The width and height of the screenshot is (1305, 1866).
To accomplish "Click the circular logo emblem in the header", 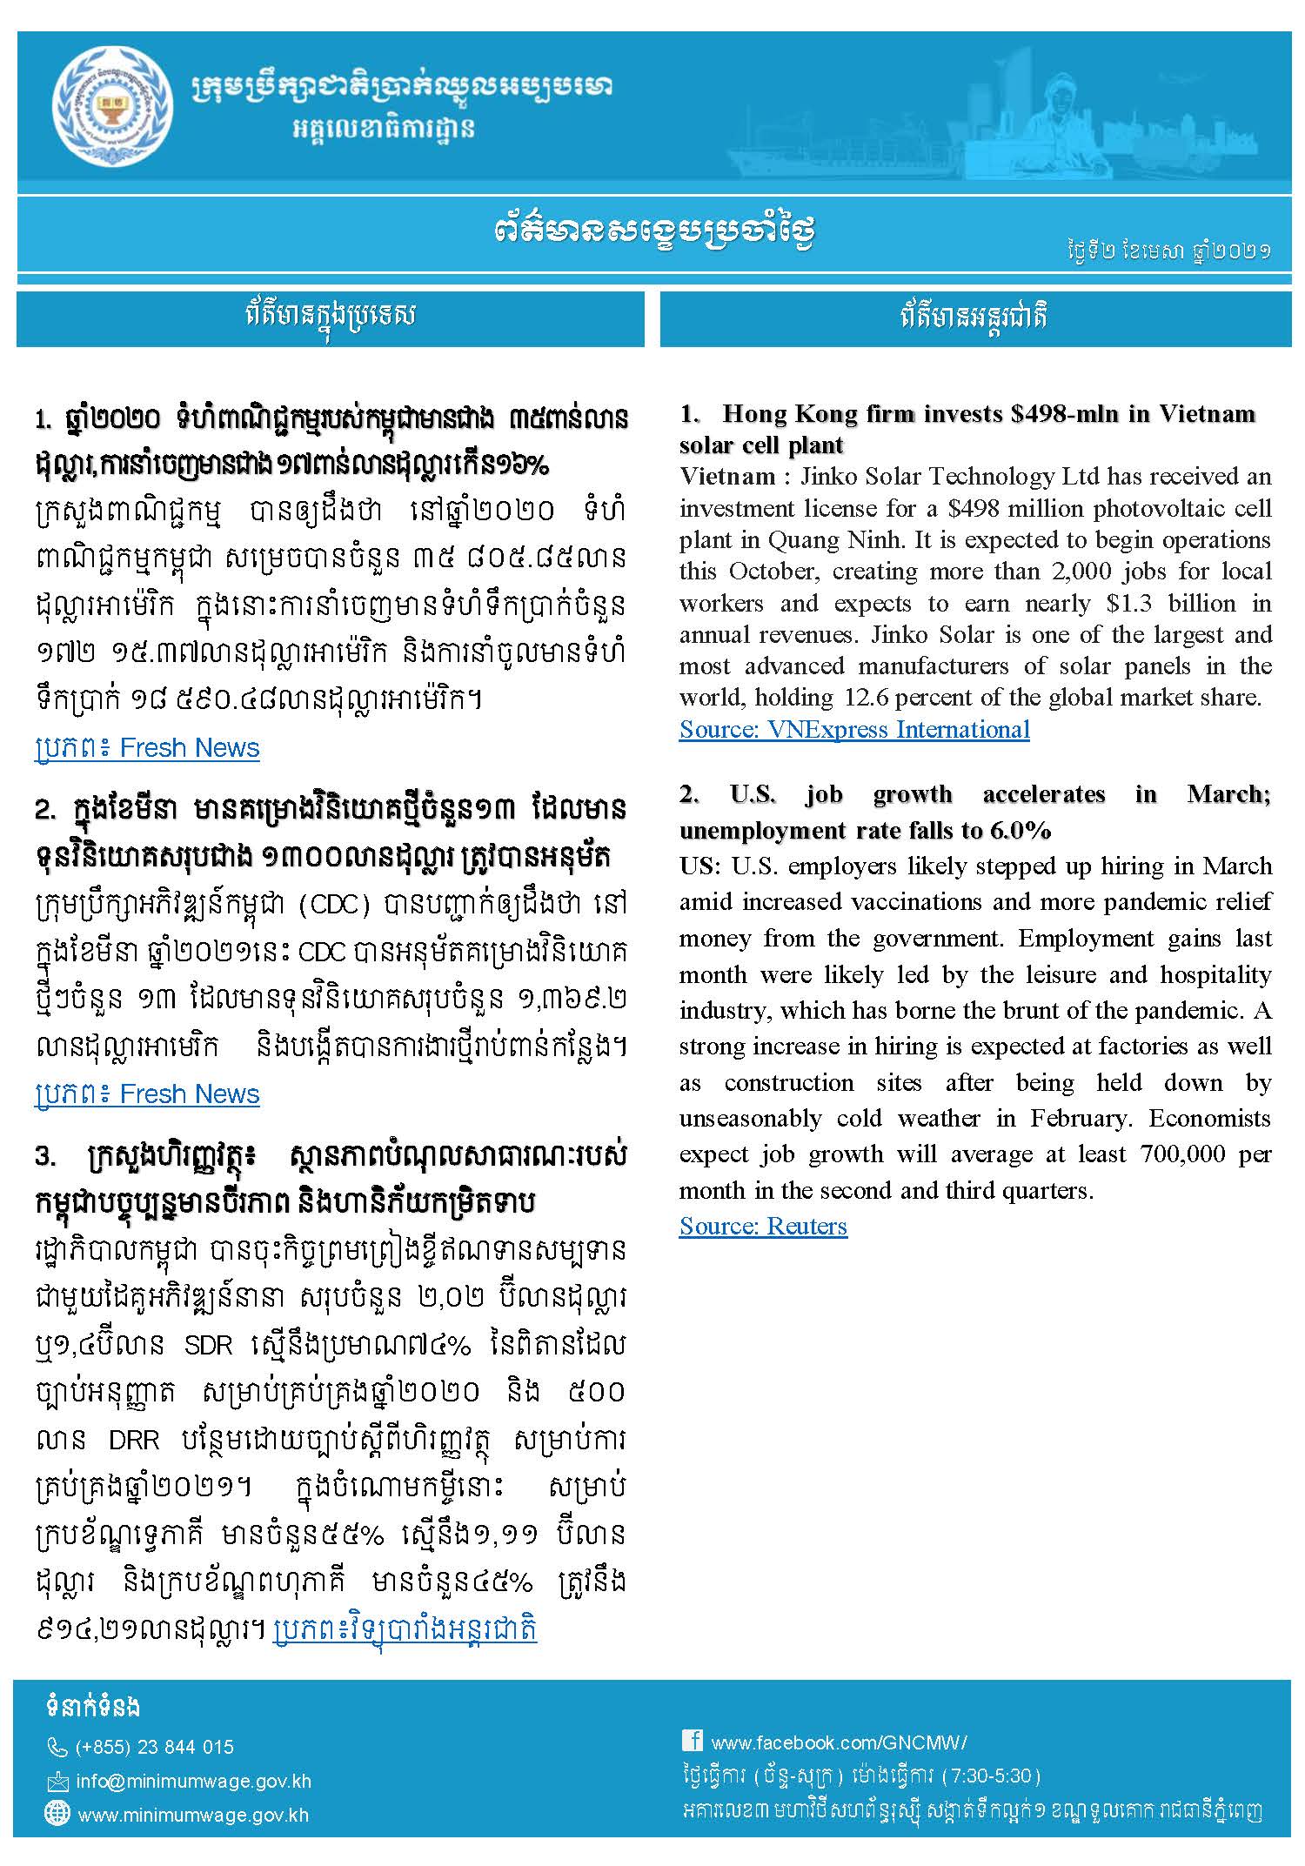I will pos(112,107).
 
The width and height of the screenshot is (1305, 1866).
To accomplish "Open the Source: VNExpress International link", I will pos(854,729).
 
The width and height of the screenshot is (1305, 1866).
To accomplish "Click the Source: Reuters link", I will pos(763,1226).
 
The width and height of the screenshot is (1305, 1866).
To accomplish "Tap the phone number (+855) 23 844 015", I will pos(155,1747).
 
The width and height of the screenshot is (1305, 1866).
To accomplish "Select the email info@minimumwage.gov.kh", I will pos(193,1781).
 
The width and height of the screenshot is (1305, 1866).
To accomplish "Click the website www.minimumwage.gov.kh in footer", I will pos(193,1816).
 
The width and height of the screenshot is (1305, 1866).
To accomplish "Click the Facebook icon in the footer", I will pos(692,1741).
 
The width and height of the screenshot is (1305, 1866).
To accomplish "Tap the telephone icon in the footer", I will pos(57,1747).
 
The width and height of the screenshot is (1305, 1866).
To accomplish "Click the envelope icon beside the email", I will pos(57,1782).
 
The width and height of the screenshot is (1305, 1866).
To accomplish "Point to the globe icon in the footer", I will pos(57,1815).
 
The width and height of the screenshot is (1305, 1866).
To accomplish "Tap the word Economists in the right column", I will pos(1210,1118).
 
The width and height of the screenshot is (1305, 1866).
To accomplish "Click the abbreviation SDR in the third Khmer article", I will pos(209,1346).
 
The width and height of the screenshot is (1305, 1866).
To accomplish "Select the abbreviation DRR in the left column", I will pos(134,1440).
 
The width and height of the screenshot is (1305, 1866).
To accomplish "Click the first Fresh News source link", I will pos(147,748).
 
